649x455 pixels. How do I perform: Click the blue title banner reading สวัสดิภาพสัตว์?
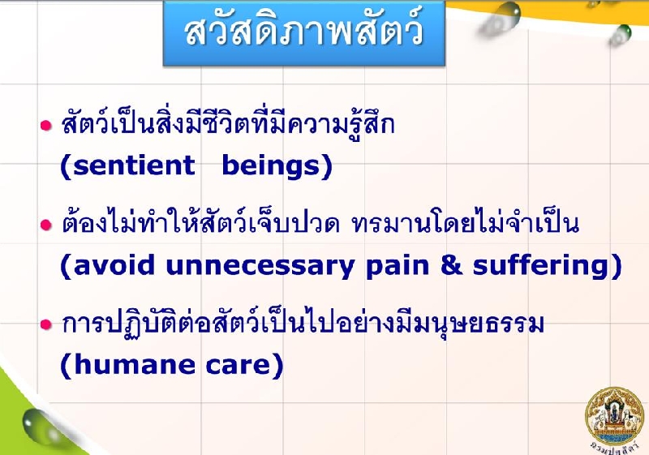click(304, 33)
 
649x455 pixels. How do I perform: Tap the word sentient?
click(134, 165)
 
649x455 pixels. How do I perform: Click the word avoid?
click(114, 265)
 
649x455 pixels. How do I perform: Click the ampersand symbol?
click(451, 265)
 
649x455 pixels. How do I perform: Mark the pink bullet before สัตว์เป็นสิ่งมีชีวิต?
click(46, 126)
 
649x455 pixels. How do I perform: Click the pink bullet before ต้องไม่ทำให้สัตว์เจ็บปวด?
click(46, 225)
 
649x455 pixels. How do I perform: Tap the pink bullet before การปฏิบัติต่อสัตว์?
click(46, 324)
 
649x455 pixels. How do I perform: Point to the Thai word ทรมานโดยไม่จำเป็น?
click(465, 224)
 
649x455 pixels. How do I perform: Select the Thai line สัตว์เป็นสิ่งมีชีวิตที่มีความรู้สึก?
click(228, 124)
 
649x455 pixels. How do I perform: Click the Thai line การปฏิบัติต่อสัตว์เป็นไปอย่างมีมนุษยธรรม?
click(303, 324)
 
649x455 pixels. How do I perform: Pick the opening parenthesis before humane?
click(66, 365)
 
